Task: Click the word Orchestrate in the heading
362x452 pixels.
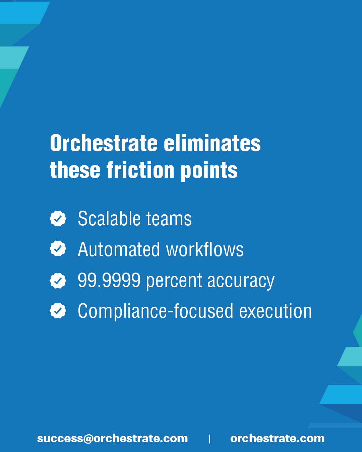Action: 104,143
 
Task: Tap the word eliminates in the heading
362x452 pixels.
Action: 212,143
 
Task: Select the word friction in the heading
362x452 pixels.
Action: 140,170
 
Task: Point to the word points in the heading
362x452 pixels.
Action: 209,171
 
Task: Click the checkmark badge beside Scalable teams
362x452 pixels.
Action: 58,218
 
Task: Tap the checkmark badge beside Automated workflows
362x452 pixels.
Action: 58,248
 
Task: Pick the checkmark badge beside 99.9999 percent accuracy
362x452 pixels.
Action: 58,281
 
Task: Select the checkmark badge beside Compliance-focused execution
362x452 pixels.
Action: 58,310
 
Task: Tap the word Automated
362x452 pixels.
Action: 119,249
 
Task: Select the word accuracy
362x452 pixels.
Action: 241,282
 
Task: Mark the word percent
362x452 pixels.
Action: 174,282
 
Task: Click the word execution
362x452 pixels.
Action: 276,311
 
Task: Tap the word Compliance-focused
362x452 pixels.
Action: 156,312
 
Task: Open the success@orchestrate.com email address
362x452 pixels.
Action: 113,439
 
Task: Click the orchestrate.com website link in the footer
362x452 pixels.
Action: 278,439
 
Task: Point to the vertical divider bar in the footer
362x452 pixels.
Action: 210,439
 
